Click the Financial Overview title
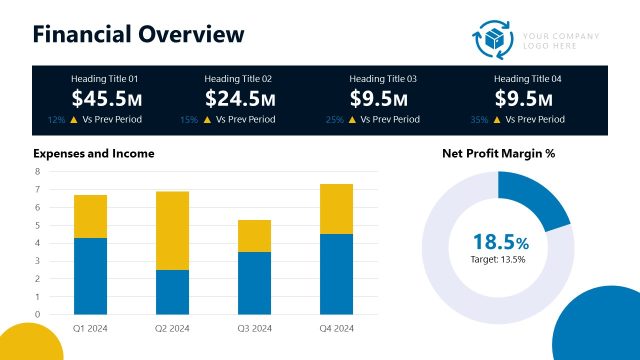138,34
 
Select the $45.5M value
105,98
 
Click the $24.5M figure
238,98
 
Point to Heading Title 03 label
383,78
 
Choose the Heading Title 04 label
528,78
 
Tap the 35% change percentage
479,119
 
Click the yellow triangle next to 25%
351,119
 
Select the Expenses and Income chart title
94,154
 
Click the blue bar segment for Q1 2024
91,275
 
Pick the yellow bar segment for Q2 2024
172,230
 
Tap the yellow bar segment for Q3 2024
254,235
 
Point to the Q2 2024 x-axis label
172,328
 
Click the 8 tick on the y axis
38,172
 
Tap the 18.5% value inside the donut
500,241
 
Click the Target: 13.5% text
498,259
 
